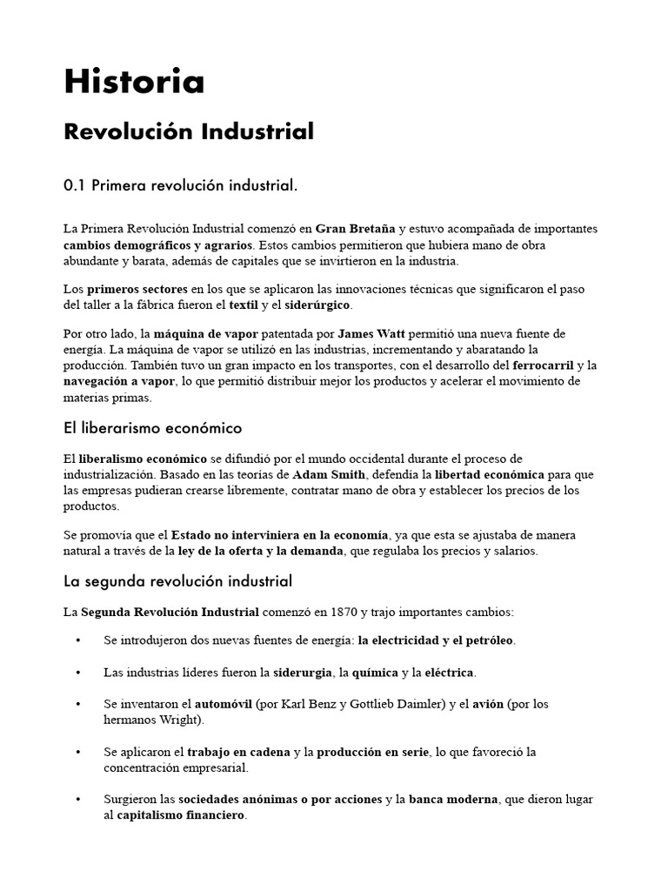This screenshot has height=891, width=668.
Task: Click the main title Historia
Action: [x=134, y=82]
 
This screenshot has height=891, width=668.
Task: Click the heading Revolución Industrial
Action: [x=189, y=132]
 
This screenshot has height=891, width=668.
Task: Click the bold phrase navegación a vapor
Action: [x=119, y=381]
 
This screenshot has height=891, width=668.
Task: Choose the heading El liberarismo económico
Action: [x=153, y=428]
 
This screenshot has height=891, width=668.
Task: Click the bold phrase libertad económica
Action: [x=490, y=474]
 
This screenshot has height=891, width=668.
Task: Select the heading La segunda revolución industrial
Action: [x=178, y=580]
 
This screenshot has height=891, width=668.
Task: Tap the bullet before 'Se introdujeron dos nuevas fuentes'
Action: [x=78, y=640]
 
